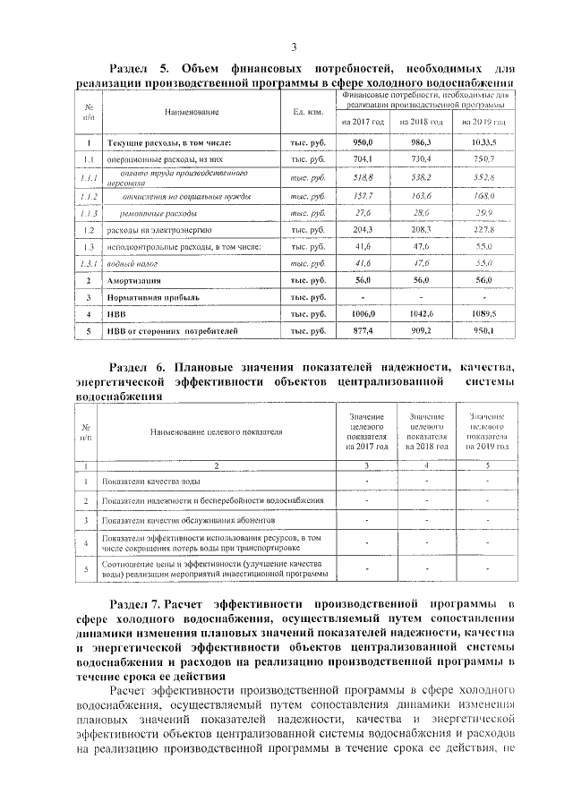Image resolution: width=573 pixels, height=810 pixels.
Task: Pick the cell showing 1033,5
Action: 483,142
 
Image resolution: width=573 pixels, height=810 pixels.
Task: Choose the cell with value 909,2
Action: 422,331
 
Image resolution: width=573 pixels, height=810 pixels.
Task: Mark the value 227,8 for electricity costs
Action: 483,229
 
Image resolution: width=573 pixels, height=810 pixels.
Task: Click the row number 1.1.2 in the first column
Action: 88,195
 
